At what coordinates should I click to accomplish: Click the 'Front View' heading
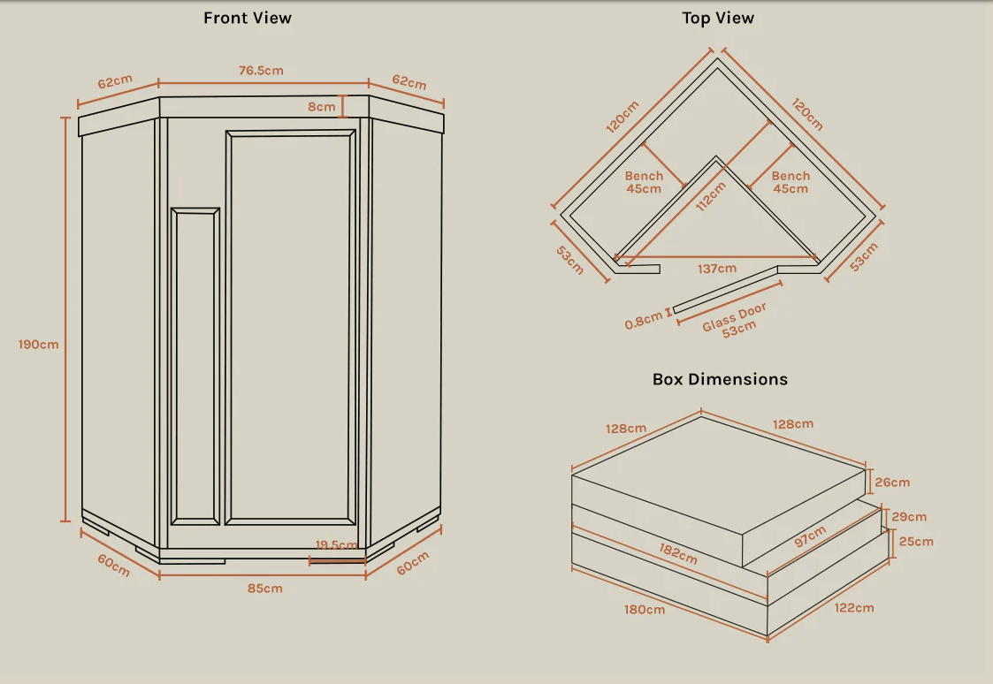pyautogui.click(x=248, y=18)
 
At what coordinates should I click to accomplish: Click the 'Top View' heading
pyautogui.click(x=718, y=18)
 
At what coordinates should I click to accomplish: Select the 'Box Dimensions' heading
pyautogui.click(x=720, y=379)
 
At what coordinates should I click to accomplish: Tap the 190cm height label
pyautogui.click(x=39, y=344)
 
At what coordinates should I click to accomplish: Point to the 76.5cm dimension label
pyautogui.click(x=261, y=71)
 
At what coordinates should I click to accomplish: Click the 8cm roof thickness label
pyautogui.click(x=322, y=107)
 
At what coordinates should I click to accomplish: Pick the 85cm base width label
pyautogui.click(x=265, y=588)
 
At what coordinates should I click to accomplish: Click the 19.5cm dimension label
pyautogui.click(x=336, y=545)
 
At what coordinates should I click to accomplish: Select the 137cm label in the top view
pyautogui.click(x=716, y=269)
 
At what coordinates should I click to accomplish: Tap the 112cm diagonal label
pyautogui.click(x=710, y=196)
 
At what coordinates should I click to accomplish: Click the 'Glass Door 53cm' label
pyautogui.click(x=737, y=319)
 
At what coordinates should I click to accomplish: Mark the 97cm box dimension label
pyautogui.click(x=809, y=537)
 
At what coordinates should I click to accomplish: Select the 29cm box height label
pyautogui.click(x=909, y=517)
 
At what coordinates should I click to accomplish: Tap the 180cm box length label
pyautogui.click(x=645, y=610)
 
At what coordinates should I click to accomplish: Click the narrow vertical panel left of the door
pyautogui.click(x=195, y=367)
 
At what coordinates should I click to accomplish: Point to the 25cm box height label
pyautogui.click(x=915, y=541)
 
